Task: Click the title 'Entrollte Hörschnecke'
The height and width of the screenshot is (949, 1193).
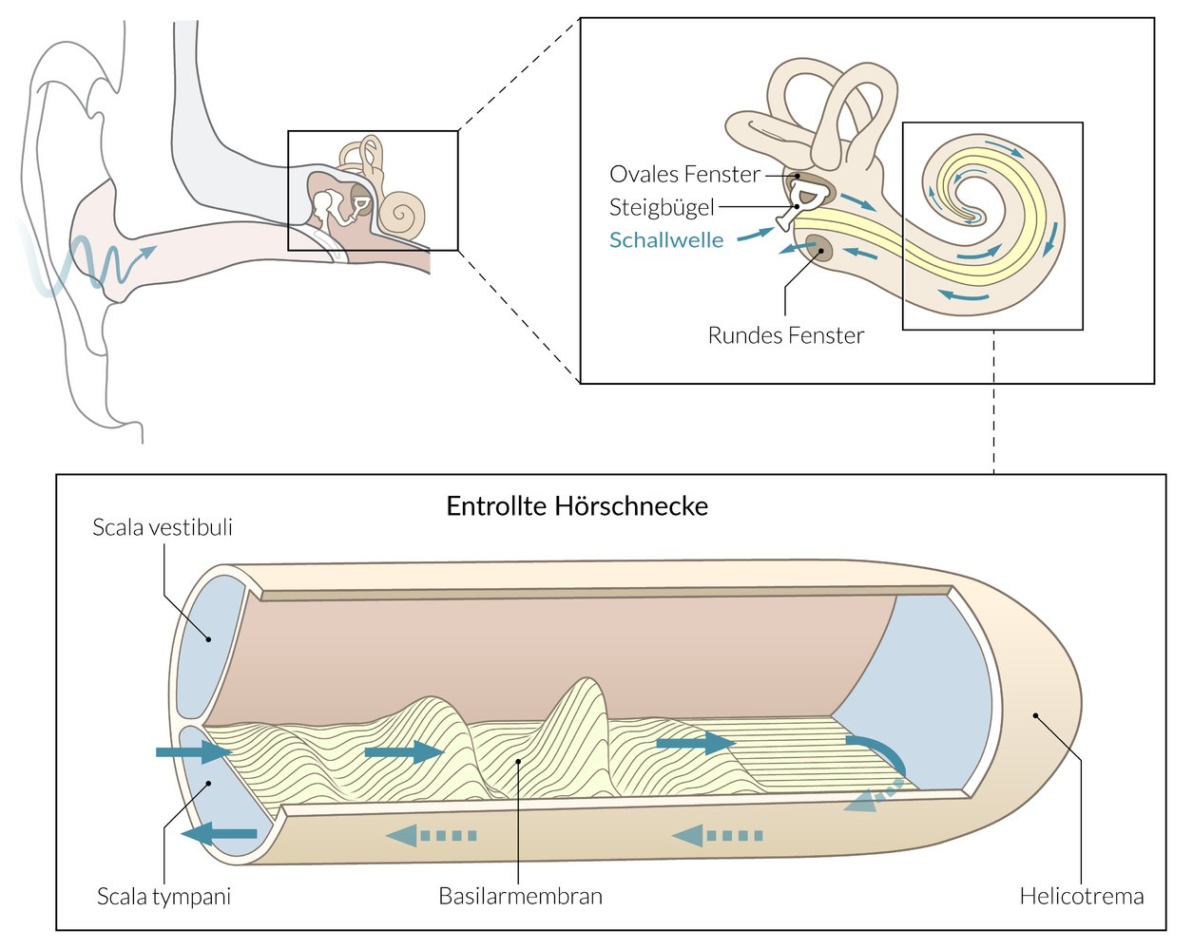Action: pyautogui.click(x=577, y=505)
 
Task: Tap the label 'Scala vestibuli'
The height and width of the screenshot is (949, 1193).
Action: pyautogui.click(x=163, y=527)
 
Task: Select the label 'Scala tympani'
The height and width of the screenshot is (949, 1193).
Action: pyautogui.click(x=164, y=896)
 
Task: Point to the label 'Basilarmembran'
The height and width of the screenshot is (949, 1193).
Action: pyautogui.click(x=520, y=896)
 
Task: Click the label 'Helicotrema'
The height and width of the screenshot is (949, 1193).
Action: pyautogui.click(x=1081, y=896)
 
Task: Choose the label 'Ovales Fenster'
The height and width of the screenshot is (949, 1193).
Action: pyautogui.click(x=684, y=175)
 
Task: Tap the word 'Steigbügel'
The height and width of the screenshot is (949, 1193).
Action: pyautogui.click(x=661, y=207)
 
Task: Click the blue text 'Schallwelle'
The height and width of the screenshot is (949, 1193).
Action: pyautogui.click(x=665, y=240)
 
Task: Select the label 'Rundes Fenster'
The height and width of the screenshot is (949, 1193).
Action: pyautogui.click(x=785, y=335)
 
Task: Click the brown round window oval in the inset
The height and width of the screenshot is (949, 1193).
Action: pyautogui.click(x=819, y=250)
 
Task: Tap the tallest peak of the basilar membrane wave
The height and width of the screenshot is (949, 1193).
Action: pyautogui.click(x=582, y=689)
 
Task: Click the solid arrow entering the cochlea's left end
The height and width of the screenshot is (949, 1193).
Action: pyautogui.click(x=193, y=752)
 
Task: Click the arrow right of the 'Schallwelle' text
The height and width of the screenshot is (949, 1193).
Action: pyautogui.click(x=756, y=233)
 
